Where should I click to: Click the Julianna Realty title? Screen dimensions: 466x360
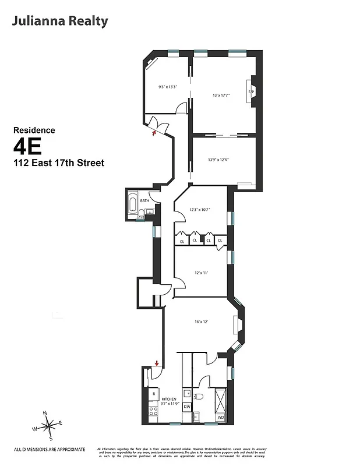59,22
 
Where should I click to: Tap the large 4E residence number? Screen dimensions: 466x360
28,146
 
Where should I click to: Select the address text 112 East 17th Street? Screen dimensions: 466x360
59,163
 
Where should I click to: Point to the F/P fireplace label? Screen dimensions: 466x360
251,93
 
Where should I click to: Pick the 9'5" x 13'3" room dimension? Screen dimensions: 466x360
167,87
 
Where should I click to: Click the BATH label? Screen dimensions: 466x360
144,201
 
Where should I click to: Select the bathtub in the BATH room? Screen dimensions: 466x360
133,206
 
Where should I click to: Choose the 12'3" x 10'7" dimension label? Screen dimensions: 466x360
199,210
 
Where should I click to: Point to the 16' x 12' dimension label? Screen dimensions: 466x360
202,320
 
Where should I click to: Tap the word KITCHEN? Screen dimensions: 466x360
161,400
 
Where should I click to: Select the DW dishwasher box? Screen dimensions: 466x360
187,406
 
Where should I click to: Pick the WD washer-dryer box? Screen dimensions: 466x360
221,417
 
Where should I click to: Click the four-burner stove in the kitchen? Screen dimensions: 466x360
154,414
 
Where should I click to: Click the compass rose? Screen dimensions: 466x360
48,425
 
